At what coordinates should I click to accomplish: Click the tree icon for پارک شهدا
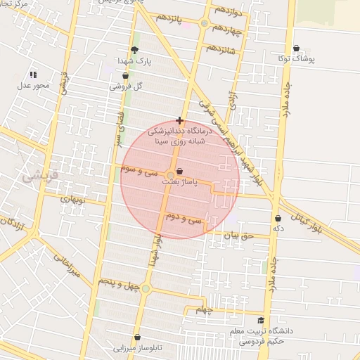(134, 49)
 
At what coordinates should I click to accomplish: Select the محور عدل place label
(34, 86)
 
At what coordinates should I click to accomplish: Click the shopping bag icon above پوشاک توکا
(296, 48)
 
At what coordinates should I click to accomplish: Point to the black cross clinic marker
(180, 120)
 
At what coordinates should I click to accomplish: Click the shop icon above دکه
(278, 218)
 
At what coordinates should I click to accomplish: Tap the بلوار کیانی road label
(309, 213)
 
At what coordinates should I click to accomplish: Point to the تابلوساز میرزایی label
(139, 348)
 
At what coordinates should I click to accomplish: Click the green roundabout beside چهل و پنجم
(146, 288)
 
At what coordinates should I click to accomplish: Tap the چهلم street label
(204, 310)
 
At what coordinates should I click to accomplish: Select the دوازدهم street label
(230, 12)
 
